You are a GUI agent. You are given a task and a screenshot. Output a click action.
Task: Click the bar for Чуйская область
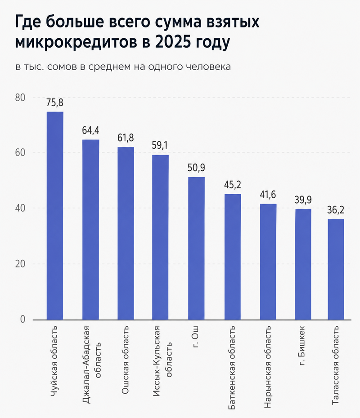(55, 216)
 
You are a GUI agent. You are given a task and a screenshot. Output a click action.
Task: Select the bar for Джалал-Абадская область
(90, 230)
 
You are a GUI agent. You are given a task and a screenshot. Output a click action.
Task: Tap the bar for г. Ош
(196, 248)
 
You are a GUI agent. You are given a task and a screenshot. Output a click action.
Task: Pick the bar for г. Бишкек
(303, 264)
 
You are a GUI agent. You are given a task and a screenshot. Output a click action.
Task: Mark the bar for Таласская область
(336, 269)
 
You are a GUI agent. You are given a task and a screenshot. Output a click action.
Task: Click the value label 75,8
(55, 102)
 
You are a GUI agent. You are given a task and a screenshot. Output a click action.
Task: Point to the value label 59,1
(160, 146)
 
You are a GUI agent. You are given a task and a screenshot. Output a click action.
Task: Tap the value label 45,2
(233, 184)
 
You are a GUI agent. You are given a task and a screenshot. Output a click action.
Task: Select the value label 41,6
(268, 195)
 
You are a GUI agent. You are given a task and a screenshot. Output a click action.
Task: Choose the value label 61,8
(126, 138)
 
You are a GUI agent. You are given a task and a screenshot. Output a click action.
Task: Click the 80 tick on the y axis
(20, 98)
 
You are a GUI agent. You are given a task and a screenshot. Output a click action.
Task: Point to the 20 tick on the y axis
(20, 264)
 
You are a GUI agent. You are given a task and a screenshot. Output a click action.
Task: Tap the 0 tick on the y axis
(22, 320)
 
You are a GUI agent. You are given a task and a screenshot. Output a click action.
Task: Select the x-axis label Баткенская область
(232, 365)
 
